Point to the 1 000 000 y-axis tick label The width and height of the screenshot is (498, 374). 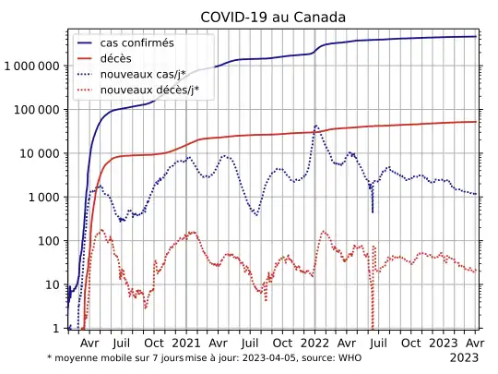pyautogui.click(x=31, y=66)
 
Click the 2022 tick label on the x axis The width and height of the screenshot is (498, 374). pyautogui.click(x=314, y=341)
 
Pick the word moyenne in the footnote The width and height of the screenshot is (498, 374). pyautogui.click(x=75, y=357)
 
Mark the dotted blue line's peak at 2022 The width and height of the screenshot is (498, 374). pyautogui.click(x=315, y=125)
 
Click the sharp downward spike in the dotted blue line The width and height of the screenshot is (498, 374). pyautogui.click(x=373, y=211)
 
